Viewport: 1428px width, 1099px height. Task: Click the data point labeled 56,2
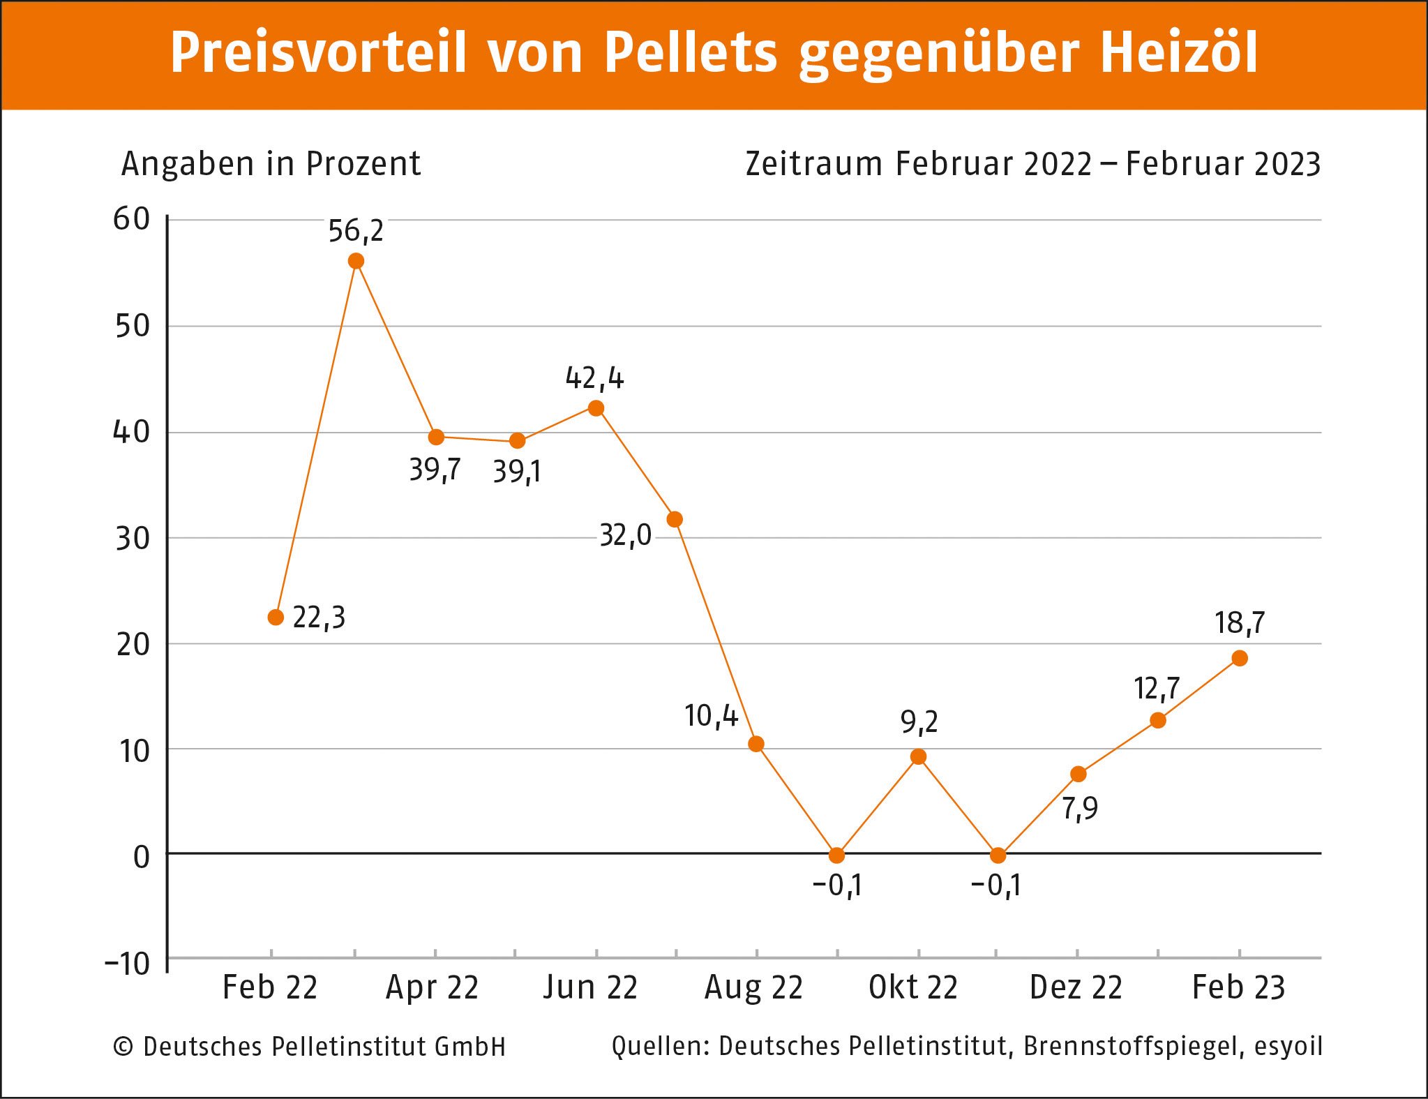click(356, 262)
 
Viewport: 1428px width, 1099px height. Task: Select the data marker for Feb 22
click(276, 618)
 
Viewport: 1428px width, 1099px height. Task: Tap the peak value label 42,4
click(594, 379)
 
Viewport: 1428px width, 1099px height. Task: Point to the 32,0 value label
click(625, 536)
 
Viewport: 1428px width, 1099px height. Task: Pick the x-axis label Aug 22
click(753, 988)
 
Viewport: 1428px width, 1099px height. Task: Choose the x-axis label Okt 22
click(913, 988)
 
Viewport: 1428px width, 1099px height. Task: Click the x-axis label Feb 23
click(1238, 988)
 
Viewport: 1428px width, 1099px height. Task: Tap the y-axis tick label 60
click(132, 220)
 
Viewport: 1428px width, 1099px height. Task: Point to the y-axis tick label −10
click(127, 964)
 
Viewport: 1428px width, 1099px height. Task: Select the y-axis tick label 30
click(133, 539)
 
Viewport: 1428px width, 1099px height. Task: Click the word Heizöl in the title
click(1179, 53)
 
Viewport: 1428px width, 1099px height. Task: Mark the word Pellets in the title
click(690, 53)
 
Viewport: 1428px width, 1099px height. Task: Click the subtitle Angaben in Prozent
click(271, 165)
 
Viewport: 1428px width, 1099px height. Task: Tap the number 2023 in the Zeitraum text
click(1288, 165)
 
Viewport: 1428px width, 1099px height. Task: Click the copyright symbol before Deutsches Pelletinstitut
click(123, 1047)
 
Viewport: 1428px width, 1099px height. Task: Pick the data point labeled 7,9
click(1078, 775)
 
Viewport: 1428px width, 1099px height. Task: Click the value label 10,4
click(711, 717)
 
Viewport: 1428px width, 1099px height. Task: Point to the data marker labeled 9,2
click(919, 757)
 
